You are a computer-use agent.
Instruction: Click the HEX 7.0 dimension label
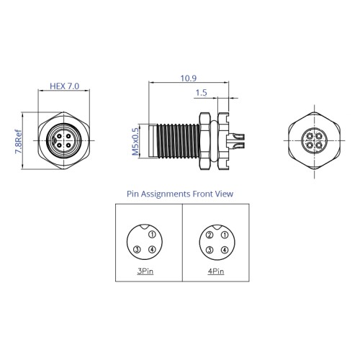pos(64,86)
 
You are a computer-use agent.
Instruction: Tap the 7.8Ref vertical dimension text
pos(18,142)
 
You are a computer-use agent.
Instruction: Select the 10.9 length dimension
pos(189,78)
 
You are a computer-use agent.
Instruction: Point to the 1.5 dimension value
pos(201,93)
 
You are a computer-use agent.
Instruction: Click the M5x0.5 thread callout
pos(135,142)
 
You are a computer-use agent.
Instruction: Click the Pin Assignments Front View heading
pos(180,194)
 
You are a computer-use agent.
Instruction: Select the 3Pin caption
pos(145,271)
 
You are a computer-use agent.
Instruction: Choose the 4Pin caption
pos(216,271)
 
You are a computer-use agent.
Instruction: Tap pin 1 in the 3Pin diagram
pos(152,235)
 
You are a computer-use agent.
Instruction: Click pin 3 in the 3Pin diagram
pos(138,250)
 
